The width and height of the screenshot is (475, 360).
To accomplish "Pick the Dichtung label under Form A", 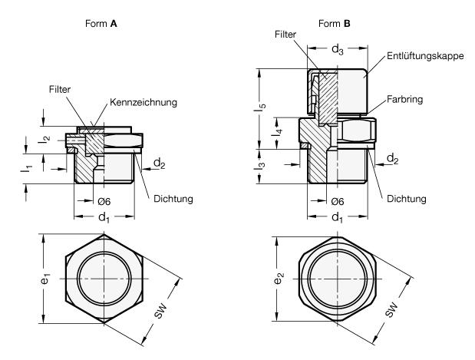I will pyautogui.click(x=172, y=200).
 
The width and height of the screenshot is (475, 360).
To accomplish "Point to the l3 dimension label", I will pyautogui.click(x=261, y=164).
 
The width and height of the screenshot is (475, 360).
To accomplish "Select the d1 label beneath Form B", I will pyautogui.click(x=335, y=216).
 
